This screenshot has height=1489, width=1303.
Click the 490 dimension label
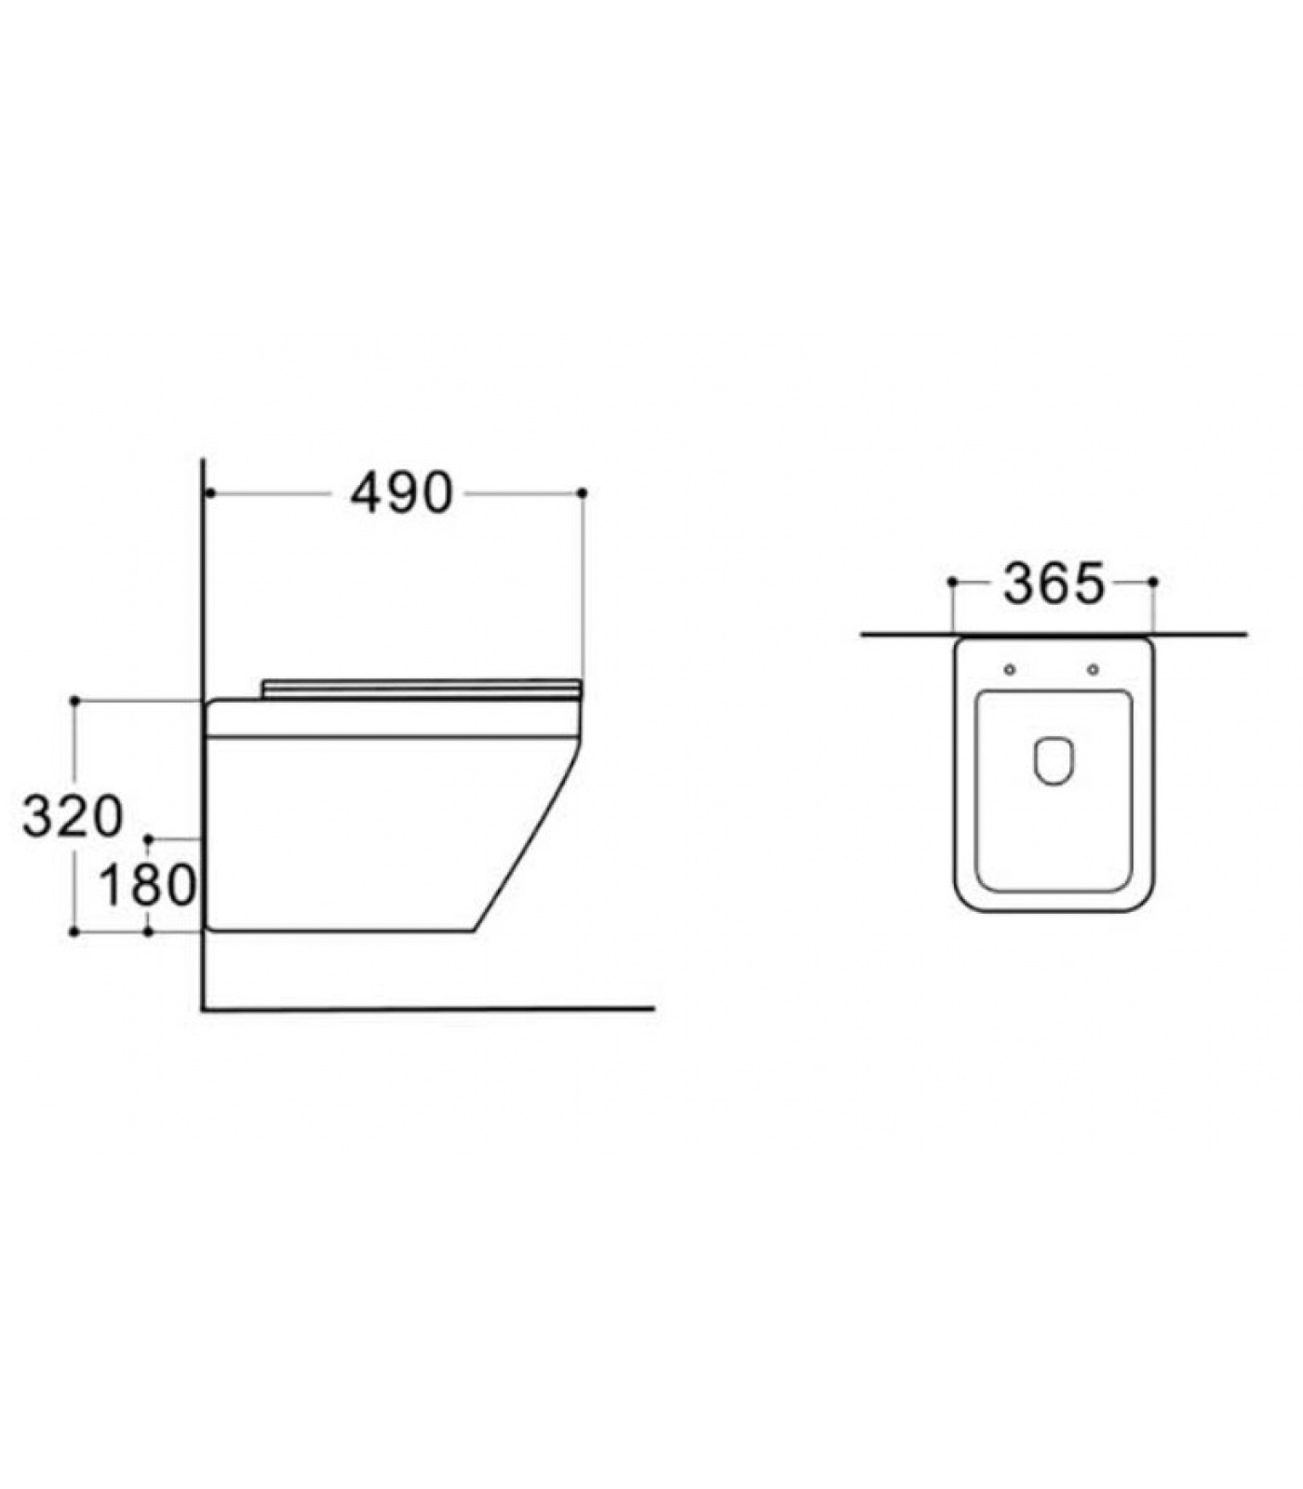click(x=401, y=493)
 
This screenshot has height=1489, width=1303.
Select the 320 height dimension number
click(x=73, y=816)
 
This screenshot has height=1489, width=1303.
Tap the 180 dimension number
click(x=147, y=885)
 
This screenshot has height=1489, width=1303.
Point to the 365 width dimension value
click(x=1054, y=584)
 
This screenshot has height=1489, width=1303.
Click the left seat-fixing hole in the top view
click(x=1010, y=670)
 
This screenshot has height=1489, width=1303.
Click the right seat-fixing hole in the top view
click(x=1093, y=670)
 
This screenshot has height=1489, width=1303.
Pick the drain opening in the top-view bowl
click(x=1053, y=761)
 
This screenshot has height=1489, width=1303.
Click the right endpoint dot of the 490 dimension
click(x=583, y=492)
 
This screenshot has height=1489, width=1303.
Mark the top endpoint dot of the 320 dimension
click(x=74, y=699)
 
